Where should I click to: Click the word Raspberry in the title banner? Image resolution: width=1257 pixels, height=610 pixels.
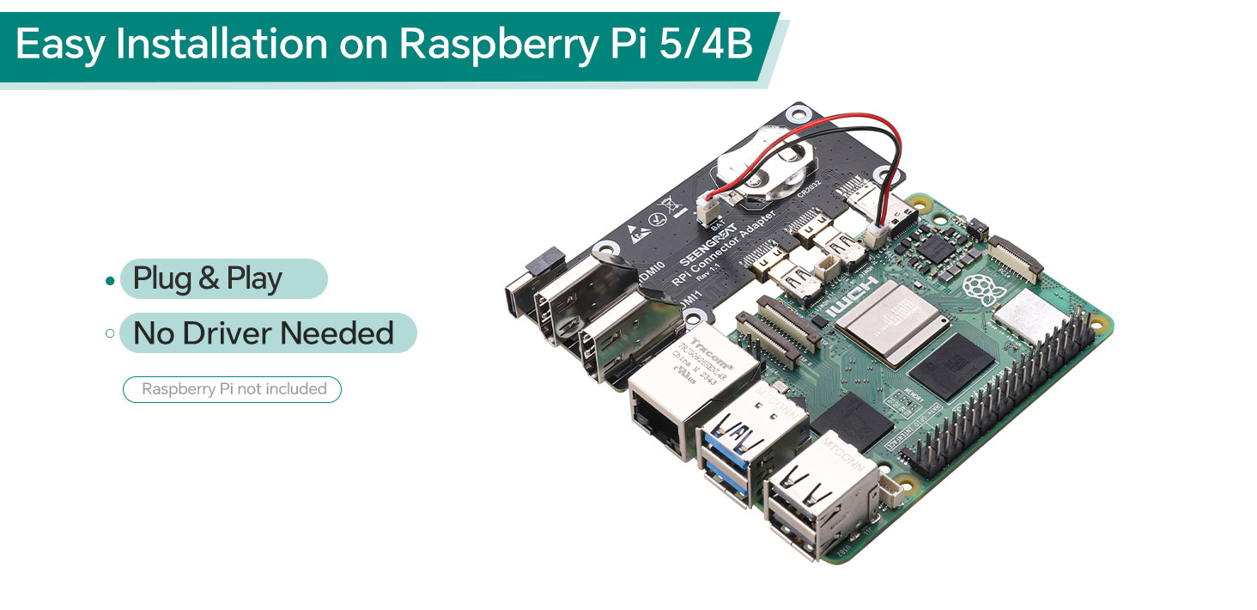tap(495, 45)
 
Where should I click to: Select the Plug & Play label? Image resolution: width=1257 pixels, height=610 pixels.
tap(208, 279)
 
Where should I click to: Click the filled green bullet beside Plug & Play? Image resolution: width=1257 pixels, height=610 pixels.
tap(109, 281)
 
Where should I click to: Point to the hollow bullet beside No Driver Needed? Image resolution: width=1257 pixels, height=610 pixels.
tap(109, 333)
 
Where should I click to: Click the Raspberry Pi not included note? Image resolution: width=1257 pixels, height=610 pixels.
tap(234, 389)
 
